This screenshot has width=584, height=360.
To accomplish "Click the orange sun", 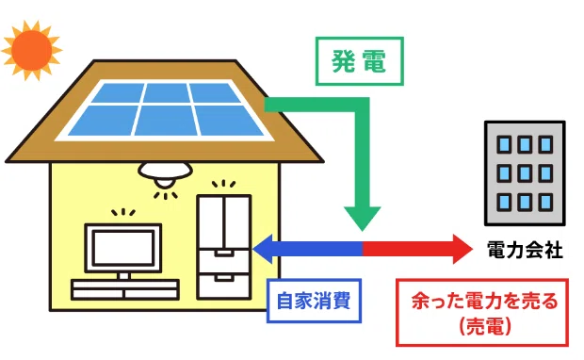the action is tap(31, 50).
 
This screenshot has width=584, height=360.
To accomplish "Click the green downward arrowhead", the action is tap(362, 219).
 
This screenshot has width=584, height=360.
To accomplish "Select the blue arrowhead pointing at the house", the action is tap(263, 249).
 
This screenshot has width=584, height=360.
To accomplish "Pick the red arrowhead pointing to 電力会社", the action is tap(462, 249).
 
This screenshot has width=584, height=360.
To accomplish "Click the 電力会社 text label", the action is tap(525, 250).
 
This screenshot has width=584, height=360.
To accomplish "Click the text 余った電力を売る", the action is tap(485, 302).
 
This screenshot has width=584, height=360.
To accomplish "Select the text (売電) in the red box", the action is tap(485, 326).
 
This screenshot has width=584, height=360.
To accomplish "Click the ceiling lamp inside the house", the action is tap(165, 174).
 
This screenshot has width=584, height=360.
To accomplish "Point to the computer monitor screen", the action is tap(123, 248).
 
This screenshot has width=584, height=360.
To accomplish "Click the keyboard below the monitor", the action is tap(125, 289).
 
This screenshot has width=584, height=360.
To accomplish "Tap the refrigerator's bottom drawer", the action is tap(224, 286).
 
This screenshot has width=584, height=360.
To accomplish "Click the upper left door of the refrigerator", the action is tap(211, 222).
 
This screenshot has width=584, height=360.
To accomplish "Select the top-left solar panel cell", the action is tap(119, 92).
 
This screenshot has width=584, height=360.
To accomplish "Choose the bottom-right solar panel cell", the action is tap(229, 120).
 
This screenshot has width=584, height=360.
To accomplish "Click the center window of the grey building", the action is tap(525, 173).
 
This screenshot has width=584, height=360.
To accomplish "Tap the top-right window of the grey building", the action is tap(545, 144).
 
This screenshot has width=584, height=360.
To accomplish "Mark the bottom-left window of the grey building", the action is tap(504, 202).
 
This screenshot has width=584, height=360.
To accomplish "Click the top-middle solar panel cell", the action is tap(167, 92).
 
